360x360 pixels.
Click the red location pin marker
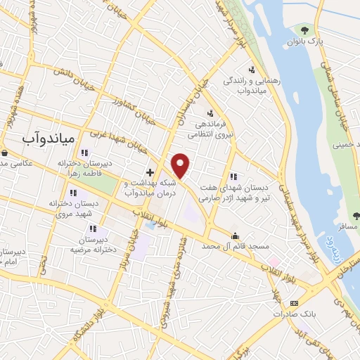click(x=181, y=165)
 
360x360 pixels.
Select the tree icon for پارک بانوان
click(x=304, y=30)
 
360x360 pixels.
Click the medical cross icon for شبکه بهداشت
click(x=150, y=172)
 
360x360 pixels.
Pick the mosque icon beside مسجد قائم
click(x=235, y=236)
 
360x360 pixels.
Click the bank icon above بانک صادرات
click(x=293, y=303)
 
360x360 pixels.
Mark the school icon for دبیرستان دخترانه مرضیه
click(x=93, y=229)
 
